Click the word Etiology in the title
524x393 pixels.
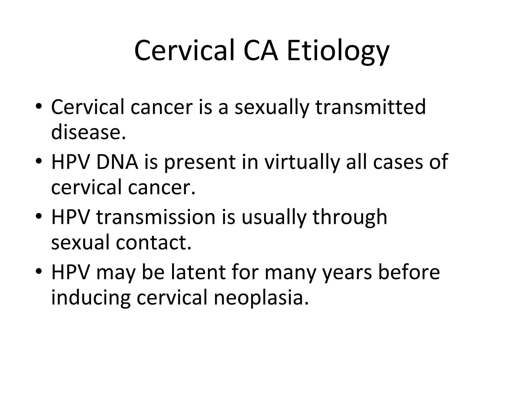[x=338, y=51]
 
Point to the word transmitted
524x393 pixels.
[x=370, y=107]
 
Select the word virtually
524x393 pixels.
[x=302, y=163]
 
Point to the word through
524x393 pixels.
[x=350, y=217]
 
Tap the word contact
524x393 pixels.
[x=154, y=242]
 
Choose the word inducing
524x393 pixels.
[x=91, y=298]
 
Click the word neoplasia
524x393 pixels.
[x=261, y=298]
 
